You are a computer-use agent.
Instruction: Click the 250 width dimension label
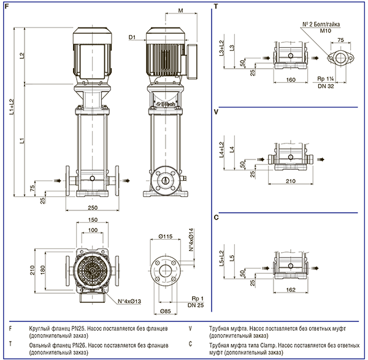click(x=93, y=208)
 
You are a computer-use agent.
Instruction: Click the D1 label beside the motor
click(x=132, y=37)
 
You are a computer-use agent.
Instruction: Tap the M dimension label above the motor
click(x=180, y=10)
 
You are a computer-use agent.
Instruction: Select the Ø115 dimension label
click(x=166, y=236)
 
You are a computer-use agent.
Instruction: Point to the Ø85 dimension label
click(x=166, y=312)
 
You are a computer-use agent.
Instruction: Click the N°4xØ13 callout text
click(x=129, y=301)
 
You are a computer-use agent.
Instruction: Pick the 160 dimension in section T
click(x=291, y=80)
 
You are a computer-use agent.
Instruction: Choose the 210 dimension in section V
click(x=291, y=181)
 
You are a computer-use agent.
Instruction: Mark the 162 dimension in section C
click(x=291, y=290)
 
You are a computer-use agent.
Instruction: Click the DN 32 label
click(x=326, y=86)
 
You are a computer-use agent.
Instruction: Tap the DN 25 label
click(x=196, y=305)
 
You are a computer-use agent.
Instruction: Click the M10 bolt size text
click(x=326, y=31)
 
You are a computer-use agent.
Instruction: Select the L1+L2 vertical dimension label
click(x=12, y=107)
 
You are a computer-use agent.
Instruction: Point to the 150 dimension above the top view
click(x=93, y=220)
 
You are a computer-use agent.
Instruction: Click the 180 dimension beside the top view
click(x=42, y=270)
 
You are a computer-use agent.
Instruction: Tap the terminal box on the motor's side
click(x=192, y=61)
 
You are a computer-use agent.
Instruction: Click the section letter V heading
click(x=216, y=112)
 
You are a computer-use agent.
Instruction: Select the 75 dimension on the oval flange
click(x=340, y=40)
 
